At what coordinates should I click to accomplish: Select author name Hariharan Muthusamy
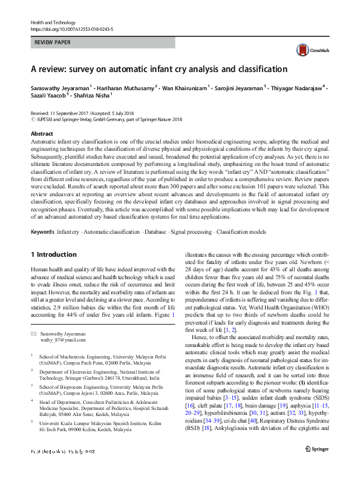(123, 87)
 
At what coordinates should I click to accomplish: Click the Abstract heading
(41, 134)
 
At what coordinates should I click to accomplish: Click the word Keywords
(42, 232)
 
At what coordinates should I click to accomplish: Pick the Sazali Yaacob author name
(50, 95)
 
